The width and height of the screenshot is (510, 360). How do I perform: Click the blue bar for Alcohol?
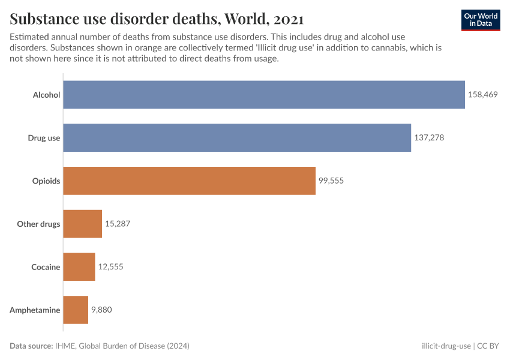(264, 95)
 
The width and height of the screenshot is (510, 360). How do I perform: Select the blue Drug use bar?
(237, 138)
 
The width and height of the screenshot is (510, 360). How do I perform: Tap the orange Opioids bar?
(189, 181)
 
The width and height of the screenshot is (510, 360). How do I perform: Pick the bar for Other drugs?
(82, 224)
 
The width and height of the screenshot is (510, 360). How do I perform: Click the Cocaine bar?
(79, 267)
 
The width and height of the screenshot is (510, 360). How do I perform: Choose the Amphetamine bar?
(76, 310)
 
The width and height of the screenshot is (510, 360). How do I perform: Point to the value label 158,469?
(483, 95)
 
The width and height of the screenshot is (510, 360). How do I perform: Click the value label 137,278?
(429, 138)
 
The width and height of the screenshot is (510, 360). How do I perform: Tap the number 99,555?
(331, 181)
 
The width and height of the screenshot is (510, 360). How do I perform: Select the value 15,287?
(118, 224)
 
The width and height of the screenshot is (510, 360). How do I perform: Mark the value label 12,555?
(110, 267)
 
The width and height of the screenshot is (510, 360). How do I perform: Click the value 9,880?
(101, 310)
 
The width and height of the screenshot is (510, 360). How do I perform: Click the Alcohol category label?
(46, 95)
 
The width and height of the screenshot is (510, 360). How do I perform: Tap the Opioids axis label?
(46, 181)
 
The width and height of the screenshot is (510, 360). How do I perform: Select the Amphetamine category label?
(35, 310)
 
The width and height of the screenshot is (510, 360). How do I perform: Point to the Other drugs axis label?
(38, 224)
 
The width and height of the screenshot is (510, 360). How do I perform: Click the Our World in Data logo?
(481, 20)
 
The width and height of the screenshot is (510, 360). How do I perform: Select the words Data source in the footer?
(31, 346)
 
